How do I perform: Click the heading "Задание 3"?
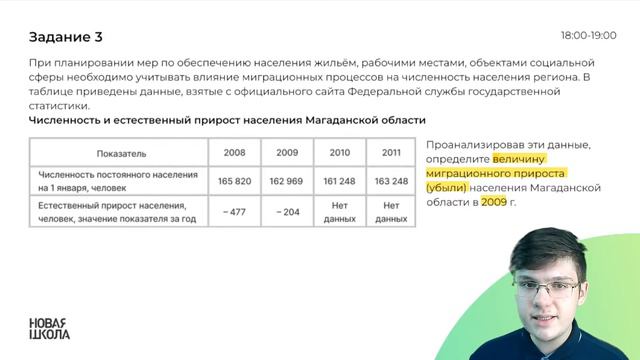[66, 38]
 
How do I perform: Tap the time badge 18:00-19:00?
[589, 34]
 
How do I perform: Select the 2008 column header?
[235, 154]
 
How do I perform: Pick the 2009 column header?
[287, 154]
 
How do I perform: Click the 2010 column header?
[339, 154]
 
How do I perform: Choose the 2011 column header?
[391, 154]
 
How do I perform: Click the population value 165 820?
[235, 181]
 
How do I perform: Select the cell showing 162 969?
[287, 181]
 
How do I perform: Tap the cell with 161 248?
[339, 181]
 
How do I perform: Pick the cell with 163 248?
[391, 181]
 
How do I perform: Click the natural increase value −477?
[235, 211]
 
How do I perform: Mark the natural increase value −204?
[287, 211]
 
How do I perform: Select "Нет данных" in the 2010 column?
[339, 211]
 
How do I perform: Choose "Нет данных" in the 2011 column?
[391, 211]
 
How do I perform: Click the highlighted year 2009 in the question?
[494, 201]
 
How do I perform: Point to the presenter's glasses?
[550, 289]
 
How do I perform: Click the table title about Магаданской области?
[215, 121]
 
